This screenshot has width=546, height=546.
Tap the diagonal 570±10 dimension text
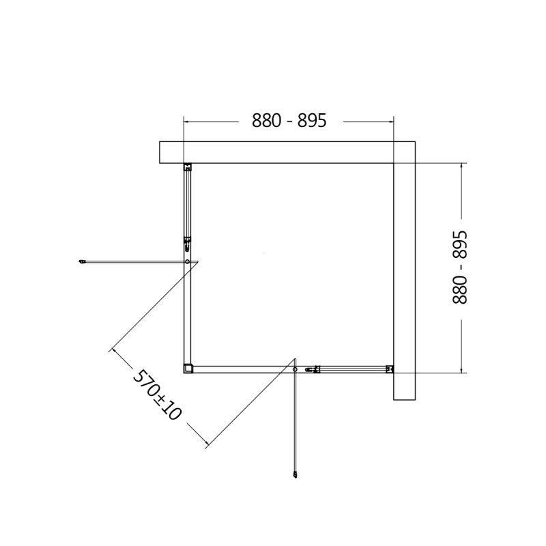[x=154, y=395]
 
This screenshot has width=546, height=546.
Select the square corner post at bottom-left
[x=189, y=369]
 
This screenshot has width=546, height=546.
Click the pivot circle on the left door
[x=188, y=261]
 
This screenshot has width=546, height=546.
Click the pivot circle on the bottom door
[x=295, y=369]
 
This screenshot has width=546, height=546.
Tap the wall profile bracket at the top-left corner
[x=188, y=167]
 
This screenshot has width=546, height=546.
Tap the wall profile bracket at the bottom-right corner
[x=389, y=369]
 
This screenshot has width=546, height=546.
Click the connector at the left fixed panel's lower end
[x=188, y=243]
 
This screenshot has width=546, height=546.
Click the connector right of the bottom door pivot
[x=314, y=369]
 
